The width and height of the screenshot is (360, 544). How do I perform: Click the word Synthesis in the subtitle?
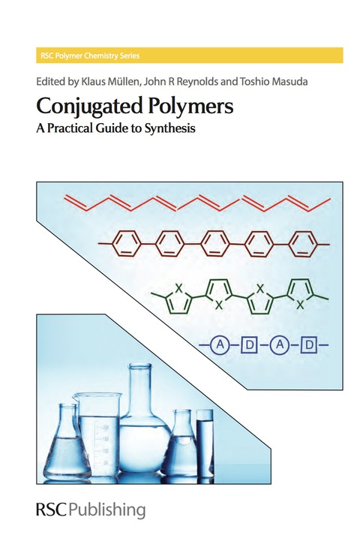(170, 129)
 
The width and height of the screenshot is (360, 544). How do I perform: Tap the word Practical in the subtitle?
(70, 129)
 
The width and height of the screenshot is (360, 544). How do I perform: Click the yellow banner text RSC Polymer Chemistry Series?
(90, 56)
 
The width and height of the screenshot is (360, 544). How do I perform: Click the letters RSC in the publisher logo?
(51, 509)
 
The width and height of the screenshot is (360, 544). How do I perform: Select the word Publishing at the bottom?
(106, 511)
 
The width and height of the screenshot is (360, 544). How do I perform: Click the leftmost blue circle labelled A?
(220, 345)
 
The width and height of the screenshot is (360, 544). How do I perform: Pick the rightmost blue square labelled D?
(309, 345)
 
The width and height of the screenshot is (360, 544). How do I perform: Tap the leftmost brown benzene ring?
(127, 244)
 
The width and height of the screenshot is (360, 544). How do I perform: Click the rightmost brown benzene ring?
(304, 244)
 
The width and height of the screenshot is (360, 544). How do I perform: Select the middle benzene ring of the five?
(215, 244)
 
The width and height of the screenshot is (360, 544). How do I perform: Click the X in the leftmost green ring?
(179, 288)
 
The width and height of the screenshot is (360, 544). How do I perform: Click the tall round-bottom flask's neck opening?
(139, 366)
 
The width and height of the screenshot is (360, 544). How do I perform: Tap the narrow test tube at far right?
(205, 445)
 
